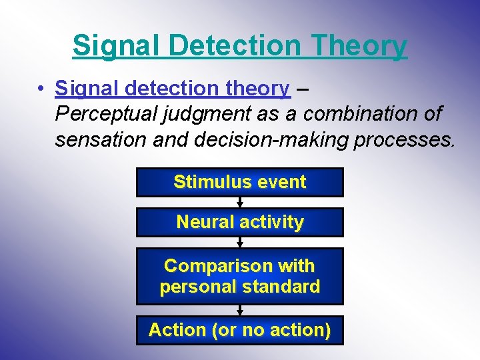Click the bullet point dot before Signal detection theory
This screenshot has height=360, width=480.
pyautogui.click(x=41, y=89)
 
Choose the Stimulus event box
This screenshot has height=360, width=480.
pyautogui.click(x=240, y=182)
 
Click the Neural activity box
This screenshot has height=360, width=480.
pyautogui.click(x=240, y=222)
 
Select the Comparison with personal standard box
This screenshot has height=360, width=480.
pyautogui.click(x=240, y=276)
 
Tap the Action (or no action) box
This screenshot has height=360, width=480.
pyautogui.click(x=240, y=330)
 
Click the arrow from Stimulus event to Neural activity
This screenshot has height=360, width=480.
pyautogui.click(x=240, y=203)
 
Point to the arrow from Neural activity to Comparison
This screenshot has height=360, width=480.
pyautogui.click(x=240, y=243)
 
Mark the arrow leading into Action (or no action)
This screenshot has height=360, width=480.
pyautogui.click(x=240, y=310)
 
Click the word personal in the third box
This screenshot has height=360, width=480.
pyautogui.click(x=197, y=287)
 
